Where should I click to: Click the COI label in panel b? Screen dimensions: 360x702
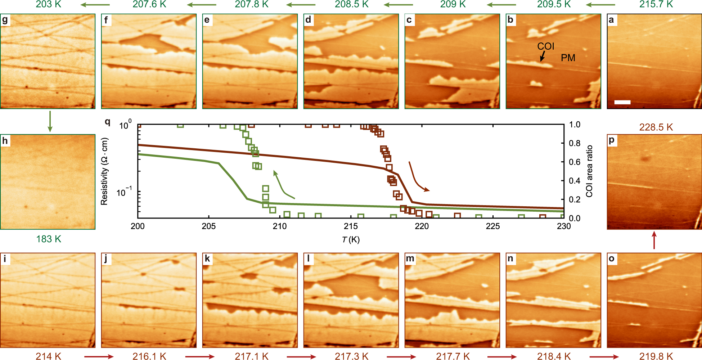tap(545, 46)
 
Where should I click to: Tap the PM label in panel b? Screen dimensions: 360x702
tap(568, 58)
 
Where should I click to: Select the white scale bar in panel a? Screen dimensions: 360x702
tap(622, 102)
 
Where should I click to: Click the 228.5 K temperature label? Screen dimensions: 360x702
tap(656, 127)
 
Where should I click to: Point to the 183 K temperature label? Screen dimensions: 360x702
tap(49, 239)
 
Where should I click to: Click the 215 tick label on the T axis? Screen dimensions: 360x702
tap(351, 226)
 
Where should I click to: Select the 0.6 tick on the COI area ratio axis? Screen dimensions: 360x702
tap(575, 162)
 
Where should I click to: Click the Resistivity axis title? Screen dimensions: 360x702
tap(104, 172)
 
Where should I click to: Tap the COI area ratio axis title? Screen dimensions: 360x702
tap(589, 171)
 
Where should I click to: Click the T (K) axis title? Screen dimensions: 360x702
tap(351, 240)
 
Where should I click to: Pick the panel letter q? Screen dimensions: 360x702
tap(107, 122)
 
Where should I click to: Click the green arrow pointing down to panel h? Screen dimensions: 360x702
tap(50, 121)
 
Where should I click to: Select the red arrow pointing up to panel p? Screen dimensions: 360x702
tap(654, 240)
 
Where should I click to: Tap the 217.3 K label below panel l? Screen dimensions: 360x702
tap(351, 356)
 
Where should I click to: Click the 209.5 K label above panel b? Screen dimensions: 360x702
tap(554, 4)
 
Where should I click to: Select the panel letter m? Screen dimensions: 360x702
tap(410, 259)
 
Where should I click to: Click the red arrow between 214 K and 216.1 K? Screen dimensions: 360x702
tap(99, 357)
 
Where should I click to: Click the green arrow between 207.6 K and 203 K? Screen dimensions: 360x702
tap(95, 5)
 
